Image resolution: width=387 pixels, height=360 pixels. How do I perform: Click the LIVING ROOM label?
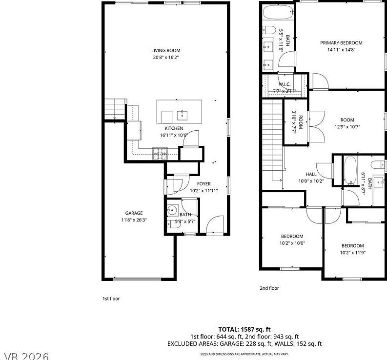pos(166,50)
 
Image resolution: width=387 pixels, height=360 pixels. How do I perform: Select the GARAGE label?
pos(134,213)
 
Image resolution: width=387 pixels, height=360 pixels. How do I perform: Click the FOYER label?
pos(204,184)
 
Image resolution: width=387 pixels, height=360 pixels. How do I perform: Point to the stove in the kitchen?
pos(160,154)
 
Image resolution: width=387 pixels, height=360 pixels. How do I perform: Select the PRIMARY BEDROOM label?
pos(341,43)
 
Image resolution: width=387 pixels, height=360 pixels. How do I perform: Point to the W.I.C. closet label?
pos(285,84)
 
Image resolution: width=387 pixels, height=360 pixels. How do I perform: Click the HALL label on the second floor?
pos(311,174)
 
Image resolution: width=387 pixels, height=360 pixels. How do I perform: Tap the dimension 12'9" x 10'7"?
pos(347,127)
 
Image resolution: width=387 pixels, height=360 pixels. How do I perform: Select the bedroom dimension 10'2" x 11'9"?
pos(352,253)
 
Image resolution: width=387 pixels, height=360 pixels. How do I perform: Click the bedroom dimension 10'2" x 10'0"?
pos(292,243)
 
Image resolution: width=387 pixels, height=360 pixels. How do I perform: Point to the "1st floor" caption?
pos(111,299)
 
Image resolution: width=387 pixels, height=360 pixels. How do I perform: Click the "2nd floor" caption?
pos(269,288)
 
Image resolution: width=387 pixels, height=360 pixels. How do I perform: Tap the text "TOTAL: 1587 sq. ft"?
pos(244,329)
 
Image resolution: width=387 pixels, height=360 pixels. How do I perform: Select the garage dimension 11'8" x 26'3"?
pos(134,220)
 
